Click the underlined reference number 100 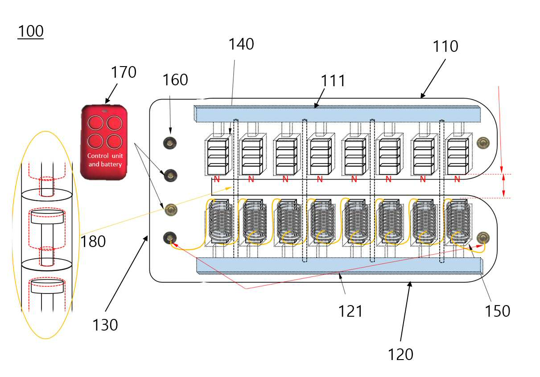tap(31, 31)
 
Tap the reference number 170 tap(124, 72)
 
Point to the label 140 tap(241, 44)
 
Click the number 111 tap(333, 81)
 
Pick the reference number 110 tap(445, 46)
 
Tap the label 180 tap(93, 241)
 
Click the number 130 tap(105, 325)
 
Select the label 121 tap(350, 311)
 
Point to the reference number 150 tap(497, 311)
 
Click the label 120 tap(400, 354)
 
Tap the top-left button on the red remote tap(95, 123)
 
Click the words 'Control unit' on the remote tap(105, 156)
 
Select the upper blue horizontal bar tap(337, 113)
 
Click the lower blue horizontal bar tap(339, 266)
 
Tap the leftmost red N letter tap(217, 179)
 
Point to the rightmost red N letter tap(457, 179)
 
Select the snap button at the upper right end tap(483, 143)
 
